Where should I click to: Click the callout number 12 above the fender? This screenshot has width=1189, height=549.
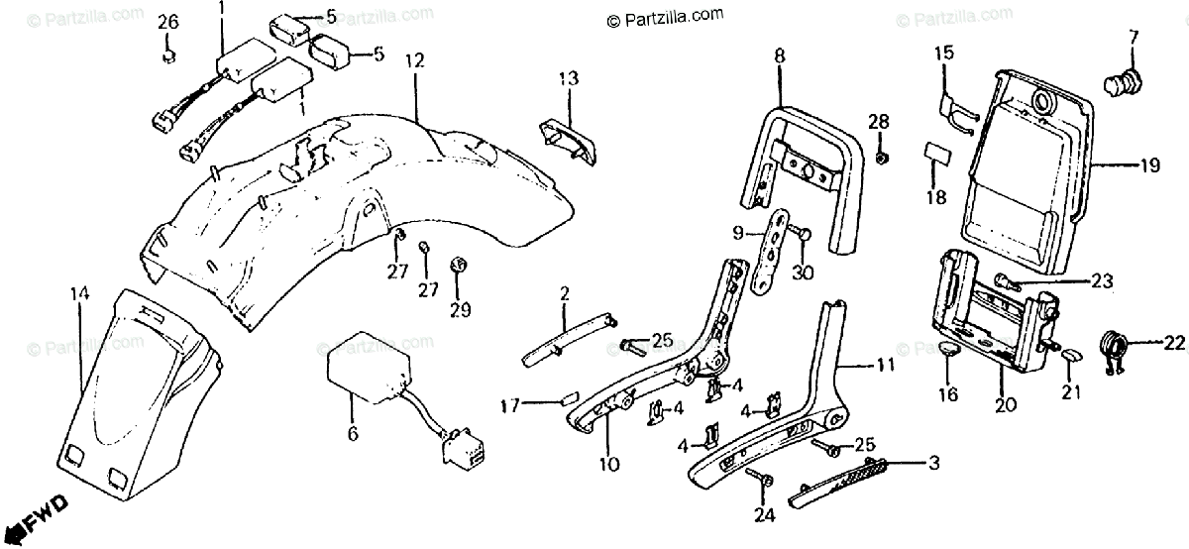[414, 61]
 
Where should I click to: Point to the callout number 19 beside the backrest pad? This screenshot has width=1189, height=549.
[1148, 166]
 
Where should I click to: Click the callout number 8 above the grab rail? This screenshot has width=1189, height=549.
[780, 56]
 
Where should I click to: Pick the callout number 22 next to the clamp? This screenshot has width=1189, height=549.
[1174, 343]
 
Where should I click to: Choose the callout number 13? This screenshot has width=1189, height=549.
[567, 77]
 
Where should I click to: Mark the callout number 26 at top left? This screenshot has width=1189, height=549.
[168, 22]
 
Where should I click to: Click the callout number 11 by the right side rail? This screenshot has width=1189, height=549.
[885, 366]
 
